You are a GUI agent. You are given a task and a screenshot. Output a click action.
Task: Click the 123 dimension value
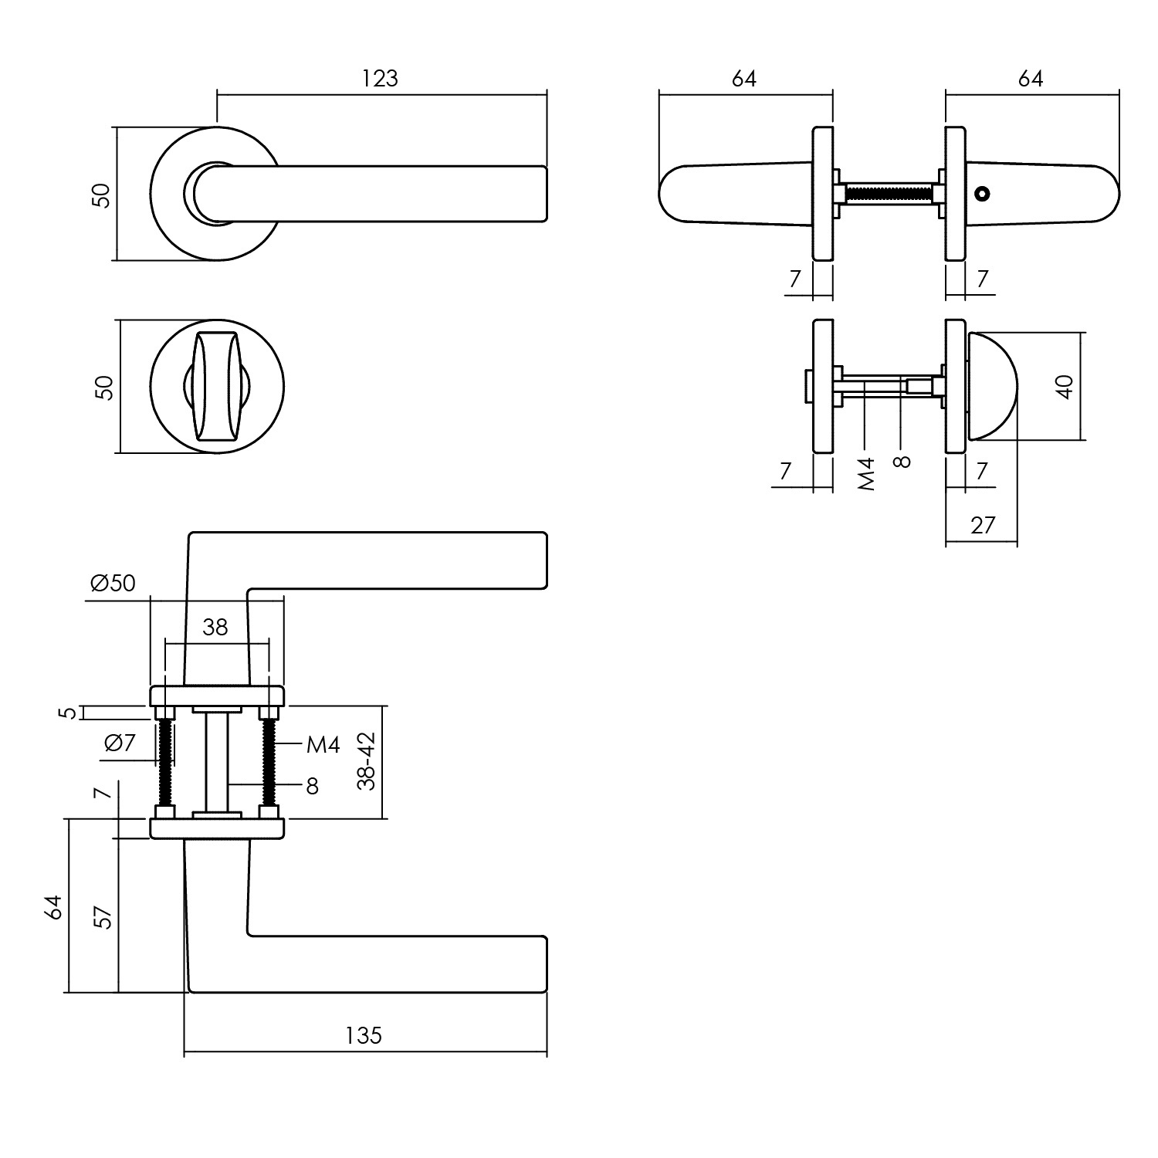click(x=380, y=78)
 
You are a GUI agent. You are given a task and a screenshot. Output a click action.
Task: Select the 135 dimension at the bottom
click(x=364, y=1034)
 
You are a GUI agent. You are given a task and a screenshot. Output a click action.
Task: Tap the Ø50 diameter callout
click(x=113, y=583)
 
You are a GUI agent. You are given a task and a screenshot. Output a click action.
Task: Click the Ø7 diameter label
click(x=120, y=743)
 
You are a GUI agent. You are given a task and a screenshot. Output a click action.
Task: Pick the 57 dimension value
click(x=103, y=916)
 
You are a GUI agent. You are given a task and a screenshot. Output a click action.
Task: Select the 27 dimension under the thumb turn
click(x=982, y=525)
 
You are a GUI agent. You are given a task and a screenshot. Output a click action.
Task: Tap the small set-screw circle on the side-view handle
click(x=982, y=192)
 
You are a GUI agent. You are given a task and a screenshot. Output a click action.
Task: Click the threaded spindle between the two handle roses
click(x=889, y=192)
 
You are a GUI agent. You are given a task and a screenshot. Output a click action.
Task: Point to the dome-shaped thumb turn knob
click(x=992, y=386)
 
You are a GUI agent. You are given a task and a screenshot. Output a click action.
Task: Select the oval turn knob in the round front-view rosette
click(x=217, y=386)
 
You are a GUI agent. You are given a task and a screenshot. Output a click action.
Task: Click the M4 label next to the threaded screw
click(x=323, y=744)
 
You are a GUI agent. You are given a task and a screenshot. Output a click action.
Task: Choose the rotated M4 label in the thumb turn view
click(x=867, y=474)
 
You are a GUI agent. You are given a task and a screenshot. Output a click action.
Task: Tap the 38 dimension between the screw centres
click(x=215, y=627)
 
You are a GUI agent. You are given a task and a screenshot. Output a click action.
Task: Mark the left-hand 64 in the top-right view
click(x=743, y=78)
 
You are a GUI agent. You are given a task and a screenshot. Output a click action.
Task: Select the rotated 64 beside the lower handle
click(x=53, y=907)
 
